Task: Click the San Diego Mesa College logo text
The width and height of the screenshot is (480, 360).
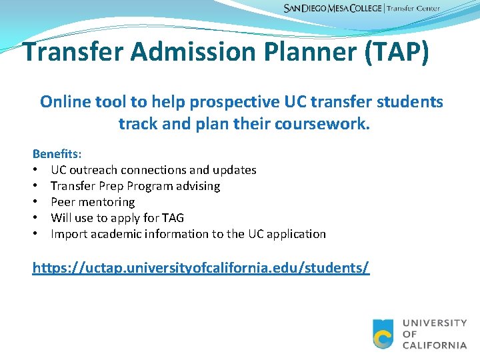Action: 333,9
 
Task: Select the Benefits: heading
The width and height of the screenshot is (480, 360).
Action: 57,154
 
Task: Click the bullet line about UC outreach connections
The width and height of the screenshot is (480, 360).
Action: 153,170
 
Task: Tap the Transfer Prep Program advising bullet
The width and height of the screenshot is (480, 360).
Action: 135,186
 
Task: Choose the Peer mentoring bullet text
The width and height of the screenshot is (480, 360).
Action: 93,202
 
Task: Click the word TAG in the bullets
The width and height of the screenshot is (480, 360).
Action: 173,218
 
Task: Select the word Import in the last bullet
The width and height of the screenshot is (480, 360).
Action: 69,234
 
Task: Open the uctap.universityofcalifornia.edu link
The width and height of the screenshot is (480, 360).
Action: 201,268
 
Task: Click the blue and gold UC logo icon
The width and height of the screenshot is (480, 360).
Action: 383,333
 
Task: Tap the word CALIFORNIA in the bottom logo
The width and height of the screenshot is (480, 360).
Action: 434,345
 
